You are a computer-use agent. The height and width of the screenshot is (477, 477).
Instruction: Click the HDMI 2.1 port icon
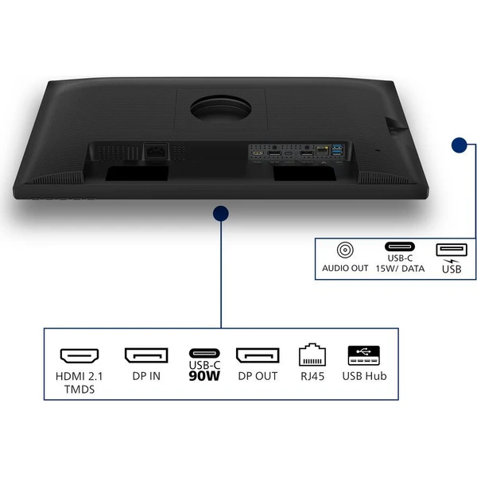pos(79,355)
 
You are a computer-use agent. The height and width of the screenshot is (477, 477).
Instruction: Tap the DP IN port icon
pos(146,355)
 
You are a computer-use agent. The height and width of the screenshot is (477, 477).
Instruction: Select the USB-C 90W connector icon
pos(204,353)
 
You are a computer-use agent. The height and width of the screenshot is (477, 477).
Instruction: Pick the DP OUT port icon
pos(258,355)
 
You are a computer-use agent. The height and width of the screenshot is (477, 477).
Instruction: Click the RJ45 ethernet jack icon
pos(312,355)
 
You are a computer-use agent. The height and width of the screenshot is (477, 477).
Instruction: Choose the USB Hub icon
pos(364,355)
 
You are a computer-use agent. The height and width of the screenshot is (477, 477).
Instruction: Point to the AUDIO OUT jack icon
pos(345,250)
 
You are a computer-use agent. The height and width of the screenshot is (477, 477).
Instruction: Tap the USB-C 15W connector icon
pos(400,246)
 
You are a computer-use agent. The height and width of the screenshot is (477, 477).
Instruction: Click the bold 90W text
pos(204,376)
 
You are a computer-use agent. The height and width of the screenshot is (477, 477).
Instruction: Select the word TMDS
pos(79,390)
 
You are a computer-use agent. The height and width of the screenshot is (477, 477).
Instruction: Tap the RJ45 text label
pos(312,376)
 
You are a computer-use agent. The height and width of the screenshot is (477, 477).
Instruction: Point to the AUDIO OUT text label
pos(345,268)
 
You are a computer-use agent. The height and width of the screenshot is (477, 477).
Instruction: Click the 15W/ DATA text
pos(400,269)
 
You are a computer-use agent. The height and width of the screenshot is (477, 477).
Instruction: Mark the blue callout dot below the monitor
pos(221,214)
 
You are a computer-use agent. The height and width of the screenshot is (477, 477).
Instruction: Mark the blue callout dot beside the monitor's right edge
pos(460,145)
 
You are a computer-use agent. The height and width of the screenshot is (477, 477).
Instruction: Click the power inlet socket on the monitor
pos(156,151)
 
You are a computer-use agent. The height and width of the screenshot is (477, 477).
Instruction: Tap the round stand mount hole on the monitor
pos(221,108)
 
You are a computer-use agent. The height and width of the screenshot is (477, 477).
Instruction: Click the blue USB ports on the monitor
pos(337,150)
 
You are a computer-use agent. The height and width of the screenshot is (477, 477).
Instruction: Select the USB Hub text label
pos(364,376)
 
